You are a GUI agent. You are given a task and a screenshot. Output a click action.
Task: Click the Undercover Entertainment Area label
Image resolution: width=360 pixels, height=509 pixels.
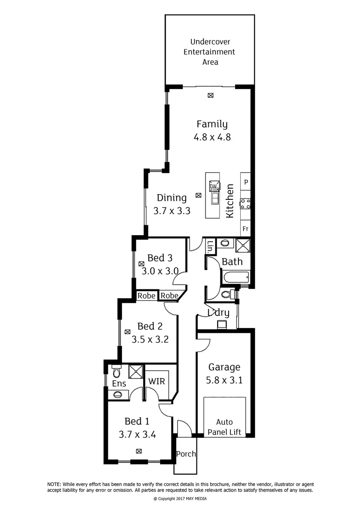[x=209, y=52]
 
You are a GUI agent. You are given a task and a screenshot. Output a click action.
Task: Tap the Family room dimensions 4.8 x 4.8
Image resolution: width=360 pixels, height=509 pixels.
[x=212, y=138]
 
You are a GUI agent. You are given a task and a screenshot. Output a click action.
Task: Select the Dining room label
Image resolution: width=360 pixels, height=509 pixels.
[x=172, y=198]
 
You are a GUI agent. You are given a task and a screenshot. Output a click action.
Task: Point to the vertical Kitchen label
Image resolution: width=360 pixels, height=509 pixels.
[x=230, y=201]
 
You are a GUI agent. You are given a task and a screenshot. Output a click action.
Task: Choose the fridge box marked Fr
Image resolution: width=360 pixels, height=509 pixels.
[x=245, y=228]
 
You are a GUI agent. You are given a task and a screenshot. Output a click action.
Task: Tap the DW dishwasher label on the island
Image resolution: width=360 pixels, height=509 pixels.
[x=213, y=186]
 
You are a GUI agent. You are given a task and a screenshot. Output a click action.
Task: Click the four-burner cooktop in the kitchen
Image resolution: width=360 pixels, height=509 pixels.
[x=245, y=204]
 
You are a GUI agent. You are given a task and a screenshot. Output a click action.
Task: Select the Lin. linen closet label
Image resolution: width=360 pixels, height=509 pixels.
[x=211, y=246]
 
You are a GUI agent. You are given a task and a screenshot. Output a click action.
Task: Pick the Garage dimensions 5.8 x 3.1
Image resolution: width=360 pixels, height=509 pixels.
[x=225, y=379]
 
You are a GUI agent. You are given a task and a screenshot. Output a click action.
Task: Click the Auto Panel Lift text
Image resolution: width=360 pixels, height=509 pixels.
[x=224, y=427]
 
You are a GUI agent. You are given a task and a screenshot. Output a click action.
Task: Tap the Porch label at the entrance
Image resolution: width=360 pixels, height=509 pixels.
[x=185, y=454]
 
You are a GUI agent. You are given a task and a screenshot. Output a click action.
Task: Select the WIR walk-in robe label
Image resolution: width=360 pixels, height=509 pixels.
[x=156, y=381]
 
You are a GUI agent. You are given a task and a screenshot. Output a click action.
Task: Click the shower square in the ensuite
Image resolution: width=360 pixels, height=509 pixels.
[x=136, y=370]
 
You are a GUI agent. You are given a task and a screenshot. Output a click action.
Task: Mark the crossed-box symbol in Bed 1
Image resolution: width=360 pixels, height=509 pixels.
[x=139, y=451]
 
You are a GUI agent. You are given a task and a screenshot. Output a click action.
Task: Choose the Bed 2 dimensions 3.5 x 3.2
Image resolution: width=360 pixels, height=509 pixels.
[x=150, y=339]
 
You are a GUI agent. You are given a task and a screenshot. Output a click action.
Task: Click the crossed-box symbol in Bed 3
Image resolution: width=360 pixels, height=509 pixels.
[x=141, y=264]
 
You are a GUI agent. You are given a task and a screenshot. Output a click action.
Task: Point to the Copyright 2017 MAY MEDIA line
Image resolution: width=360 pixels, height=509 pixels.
[x=180, y=499]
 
